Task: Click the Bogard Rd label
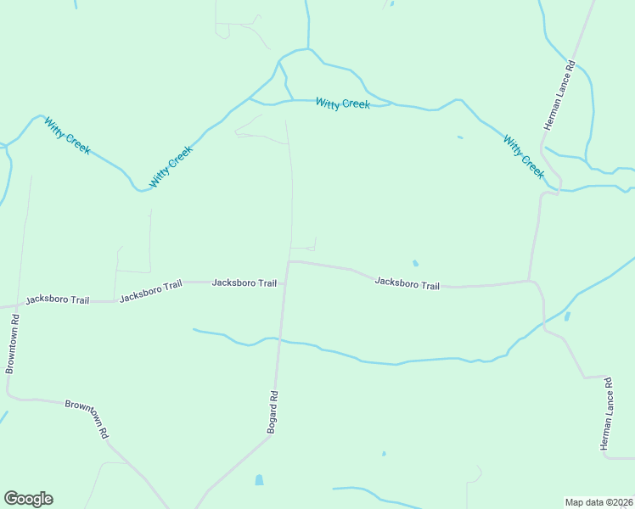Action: (x=273, y=412)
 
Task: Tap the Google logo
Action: (x=28, y=499)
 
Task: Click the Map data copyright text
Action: (x=598, y=502)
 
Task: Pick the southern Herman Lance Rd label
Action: (x=608, y=413)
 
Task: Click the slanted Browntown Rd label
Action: (x=87, y=418)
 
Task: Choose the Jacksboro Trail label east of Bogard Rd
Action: (x=407, y=283)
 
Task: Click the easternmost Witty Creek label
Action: (x=523, y=156)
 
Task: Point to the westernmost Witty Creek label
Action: (x=68, y=136)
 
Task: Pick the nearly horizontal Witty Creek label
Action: (x=343, y=103)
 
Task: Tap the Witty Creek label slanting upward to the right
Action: (x=171, y=166)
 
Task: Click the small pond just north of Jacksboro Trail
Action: (x=415, y=263)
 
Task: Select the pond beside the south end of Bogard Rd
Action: (x=259, y=480)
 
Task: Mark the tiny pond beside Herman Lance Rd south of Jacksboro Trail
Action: (x=567, y=316)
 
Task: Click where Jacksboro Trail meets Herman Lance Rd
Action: (x=531, y=281)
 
